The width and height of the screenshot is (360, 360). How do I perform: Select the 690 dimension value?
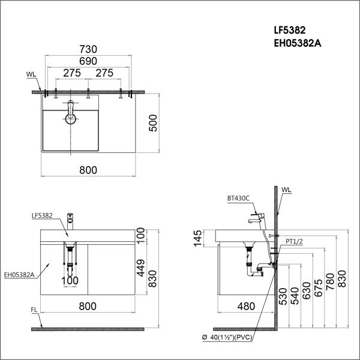88,62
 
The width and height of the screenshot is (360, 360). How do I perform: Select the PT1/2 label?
293,241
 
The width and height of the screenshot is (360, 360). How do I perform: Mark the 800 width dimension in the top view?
88,170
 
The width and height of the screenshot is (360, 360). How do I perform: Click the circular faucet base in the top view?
71,118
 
